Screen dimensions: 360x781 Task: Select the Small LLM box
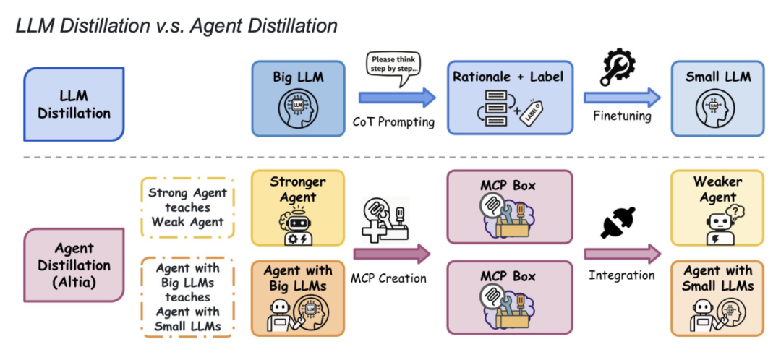point(717,98)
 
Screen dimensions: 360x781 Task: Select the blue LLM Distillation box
point(74,103)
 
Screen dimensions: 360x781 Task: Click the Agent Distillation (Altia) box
point(74,265)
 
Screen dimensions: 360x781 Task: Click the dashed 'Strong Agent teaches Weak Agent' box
point(187,207)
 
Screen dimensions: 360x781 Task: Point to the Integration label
point(621,275)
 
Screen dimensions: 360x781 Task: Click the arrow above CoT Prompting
point(397,98)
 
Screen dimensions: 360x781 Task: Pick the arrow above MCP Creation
point(392,253)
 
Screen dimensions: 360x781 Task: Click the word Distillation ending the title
point(281,27)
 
